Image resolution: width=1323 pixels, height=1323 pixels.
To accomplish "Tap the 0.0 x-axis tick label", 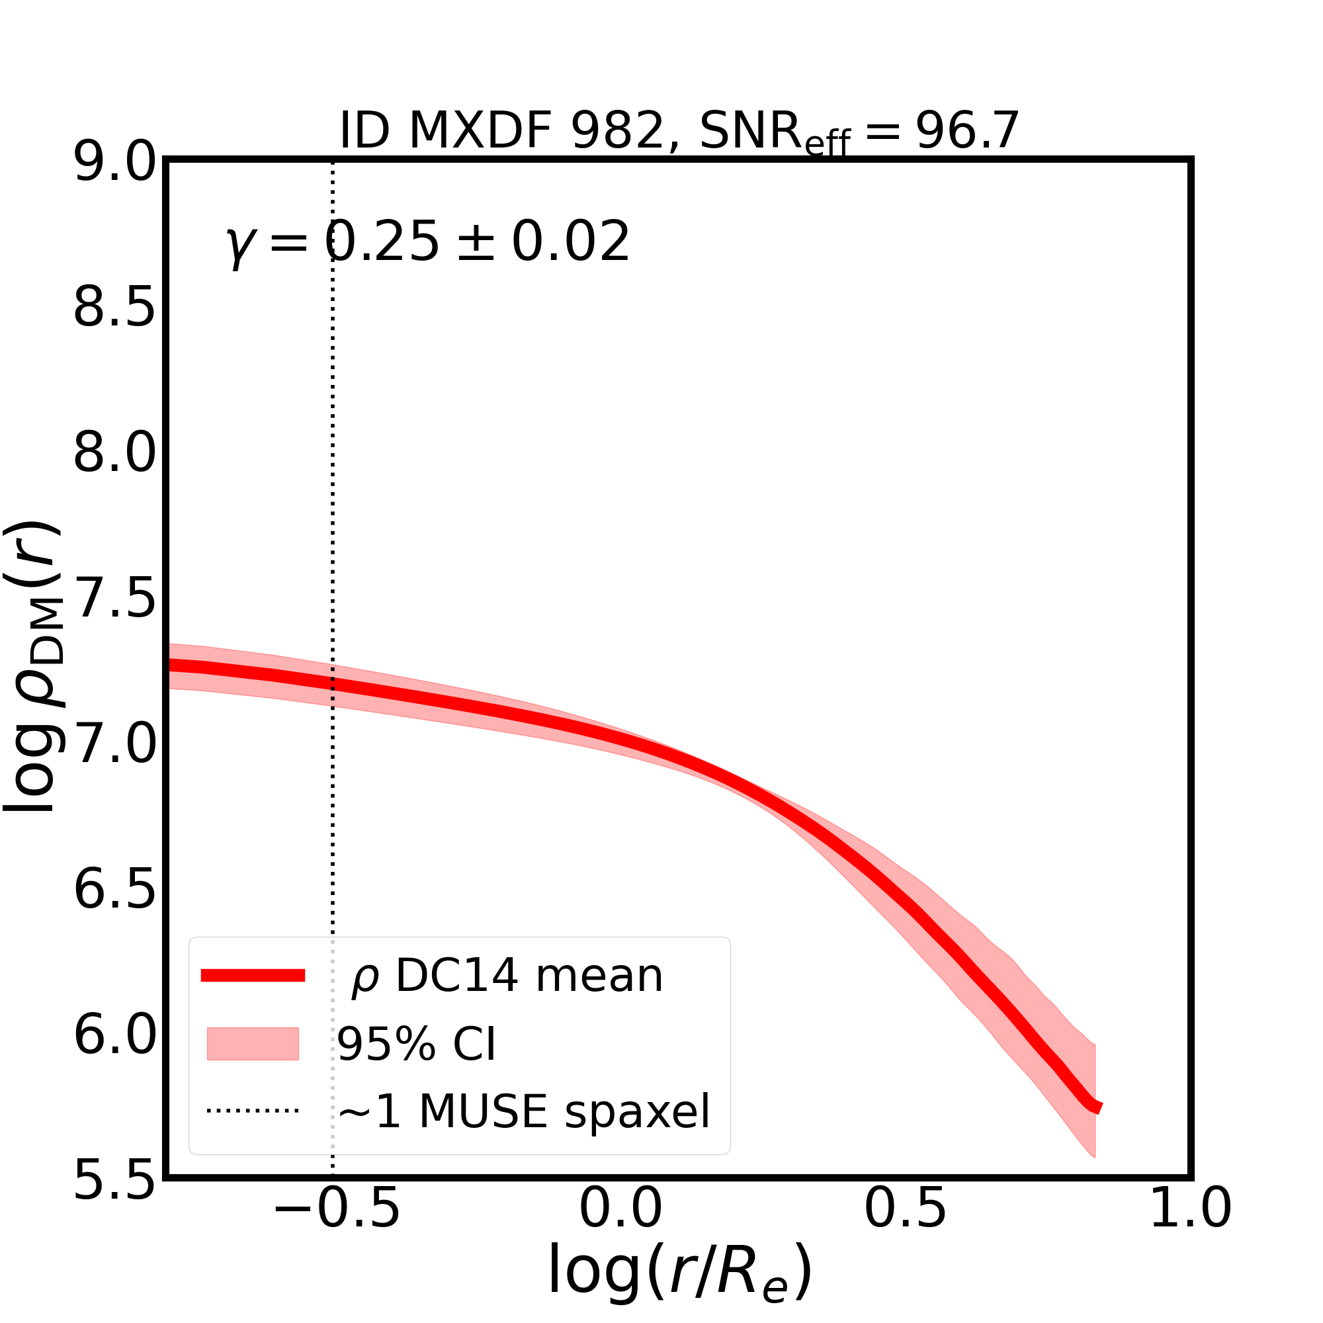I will coord(620,1229).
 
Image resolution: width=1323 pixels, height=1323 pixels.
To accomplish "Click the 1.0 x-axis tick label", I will coord(1190,1229).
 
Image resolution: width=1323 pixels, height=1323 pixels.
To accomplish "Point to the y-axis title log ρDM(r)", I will coord(34,667).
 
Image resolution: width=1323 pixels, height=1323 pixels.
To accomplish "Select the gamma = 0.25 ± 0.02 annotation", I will coord(428,242).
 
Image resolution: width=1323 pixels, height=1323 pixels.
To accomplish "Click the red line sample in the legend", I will coord(253,976).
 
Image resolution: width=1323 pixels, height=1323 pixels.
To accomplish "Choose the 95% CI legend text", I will coord(415,1045).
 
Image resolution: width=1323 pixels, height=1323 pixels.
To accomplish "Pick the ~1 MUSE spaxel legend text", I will coord(524,1112).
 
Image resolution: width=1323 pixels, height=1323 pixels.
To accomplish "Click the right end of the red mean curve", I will coord(1097,1107).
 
